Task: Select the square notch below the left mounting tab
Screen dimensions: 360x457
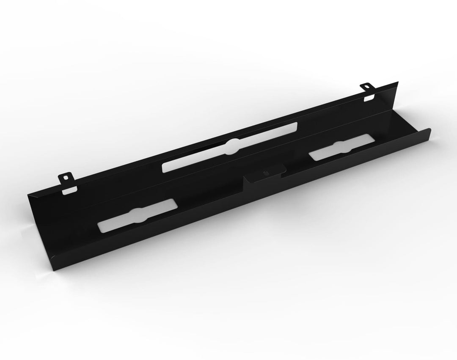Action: pos(68,192)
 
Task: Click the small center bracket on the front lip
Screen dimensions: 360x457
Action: pos(264,174)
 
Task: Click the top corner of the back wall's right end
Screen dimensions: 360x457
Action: pos(398,82)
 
